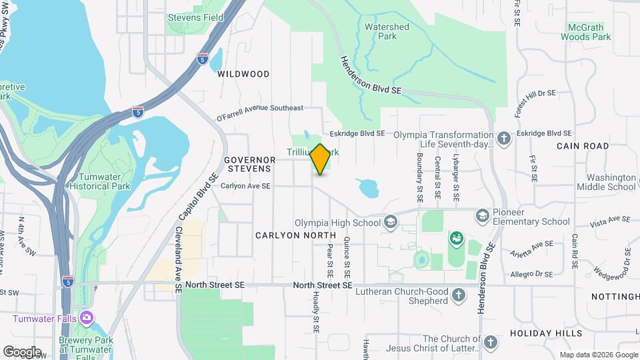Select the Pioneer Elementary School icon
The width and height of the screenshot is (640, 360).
[482, 215]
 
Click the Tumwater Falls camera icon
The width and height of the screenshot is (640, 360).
[86, 317]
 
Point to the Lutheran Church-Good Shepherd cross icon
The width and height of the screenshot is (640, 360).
[458, 294]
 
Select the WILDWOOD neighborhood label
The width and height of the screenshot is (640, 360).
[243, 74]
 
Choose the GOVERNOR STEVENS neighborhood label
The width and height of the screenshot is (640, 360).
[249, 164]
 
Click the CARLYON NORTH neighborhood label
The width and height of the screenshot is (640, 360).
[295, 235]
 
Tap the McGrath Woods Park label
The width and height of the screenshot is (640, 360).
[586, 32]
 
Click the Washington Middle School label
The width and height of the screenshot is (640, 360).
[611, 182]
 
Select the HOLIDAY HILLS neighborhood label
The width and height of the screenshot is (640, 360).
[546, 333]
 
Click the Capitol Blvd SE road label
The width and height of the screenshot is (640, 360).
[198, 197]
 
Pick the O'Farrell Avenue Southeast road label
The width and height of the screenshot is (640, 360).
[260, 113]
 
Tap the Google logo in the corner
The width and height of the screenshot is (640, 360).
[21, 351]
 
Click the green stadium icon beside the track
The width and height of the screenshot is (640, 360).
[457, 238]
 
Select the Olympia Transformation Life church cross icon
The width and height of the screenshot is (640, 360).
[504, 139]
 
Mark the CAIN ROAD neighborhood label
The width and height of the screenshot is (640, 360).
[583, 145]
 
